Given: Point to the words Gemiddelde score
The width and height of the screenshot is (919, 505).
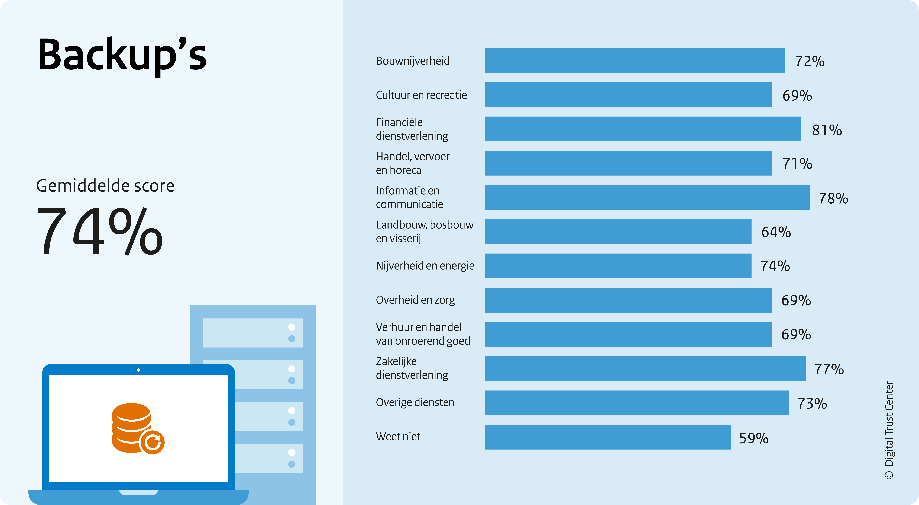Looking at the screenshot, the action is tap(105, 186).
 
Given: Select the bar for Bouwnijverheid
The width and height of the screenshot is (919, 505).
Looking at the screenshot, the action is tap(634, 60).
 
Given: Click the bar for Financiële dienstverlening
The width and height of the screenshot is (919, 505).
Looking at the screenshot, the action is tap(643, 129).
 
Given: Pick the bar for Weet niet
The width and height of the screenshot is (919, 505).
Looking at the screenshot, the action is tap(607, 437).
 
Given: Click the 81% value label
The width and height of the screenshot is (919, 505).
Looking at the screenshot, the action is tap(827, 130).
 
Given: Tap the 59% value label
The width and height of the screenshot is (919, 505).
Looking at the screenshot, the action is tap(753, 438).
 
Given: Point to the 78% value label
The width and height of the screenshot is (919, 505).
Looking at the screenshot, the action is tap(833, 199).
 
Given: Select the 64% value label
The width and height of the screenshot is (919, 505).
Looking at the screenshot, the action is tap(776, 232).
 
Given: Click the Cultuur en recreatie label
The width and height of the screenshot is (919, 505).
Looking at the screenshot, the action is tap(421, 95).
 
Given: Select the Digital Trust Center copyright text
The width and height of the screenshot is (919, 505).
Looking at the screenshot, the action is tap(889, 430).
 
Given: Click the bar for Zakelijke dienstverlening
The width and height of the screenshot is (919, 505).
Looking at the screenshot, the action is tap(645, 369).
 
